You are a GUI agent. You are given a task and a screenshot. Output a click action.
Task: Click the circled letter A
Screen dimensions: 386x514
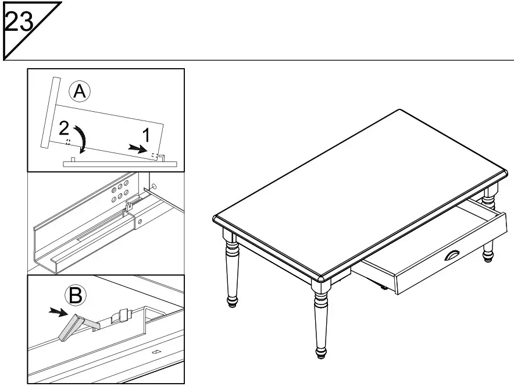[x=79, y=91]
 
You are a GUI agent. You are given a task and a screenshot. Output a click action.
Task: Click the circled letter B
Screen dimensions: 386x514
[x=75, y=296]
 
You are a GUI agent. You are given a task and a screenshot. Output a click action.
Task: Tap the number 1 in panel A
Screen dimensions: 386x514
[x=147, y=135]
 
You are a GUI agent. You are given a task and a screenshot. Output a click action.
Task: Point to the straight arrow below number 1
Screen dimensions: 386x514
[x=138, y=150]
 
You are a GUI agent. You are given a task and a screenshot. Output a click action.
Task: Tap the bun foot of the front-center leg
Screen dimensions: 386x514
[x=321, y=352]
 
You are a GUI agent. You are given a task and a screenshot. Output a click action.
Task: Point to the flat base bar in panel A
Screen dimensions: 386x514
[x=119, y=164]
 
